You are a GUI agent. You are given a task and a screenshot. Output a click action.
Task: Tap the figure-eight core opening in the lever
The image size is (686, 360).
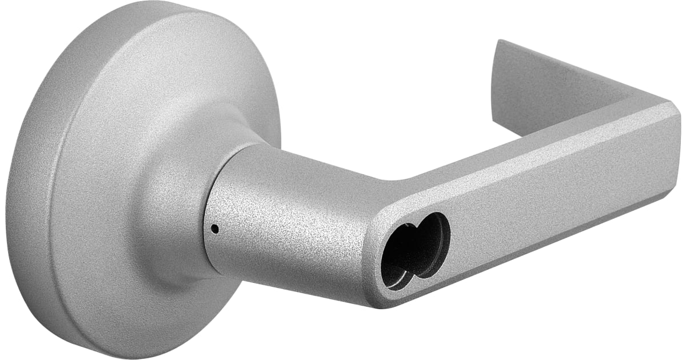416,250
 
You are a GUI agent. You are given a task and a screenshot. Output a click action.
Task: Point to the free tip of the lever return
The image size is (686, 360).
498,46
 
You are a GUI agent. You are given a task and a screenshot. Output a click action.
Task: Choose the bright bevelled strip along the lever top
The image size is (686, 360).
514,154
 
